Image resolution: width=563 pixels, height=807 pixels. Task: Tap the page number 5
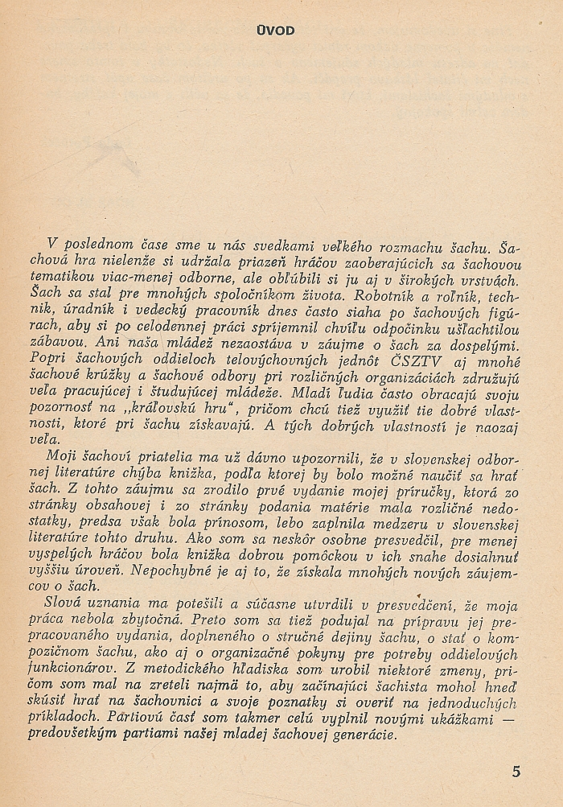coord(516,771)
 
